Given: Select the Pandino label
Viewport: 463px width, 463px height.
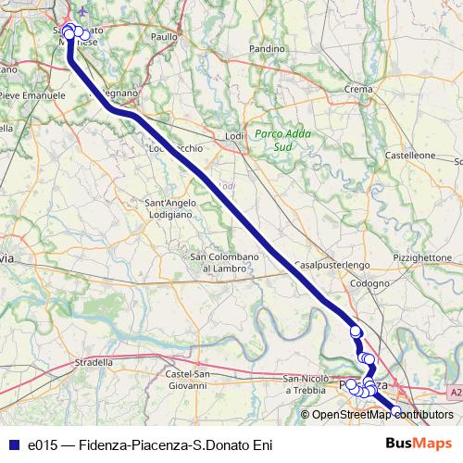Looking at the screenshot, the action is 267,47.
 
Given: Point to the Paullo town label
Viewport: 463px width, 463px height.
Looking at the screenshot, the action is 164,36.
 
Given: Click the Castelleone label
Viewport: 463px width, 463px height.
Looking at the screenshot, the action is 410,156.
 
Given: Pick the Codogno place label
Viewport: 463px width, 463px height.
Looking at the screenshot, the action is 369,283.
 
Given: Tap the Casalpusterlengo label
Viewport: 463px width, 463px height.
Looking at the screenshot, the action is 332,265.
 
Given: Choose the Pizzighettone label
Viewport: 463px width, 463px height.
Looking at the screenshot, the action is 421,257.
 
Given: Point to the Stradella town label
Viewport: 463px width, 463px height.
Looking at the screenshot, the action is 93,362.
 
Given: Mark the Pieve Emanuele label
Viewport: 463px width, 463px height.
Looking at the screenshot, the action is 32,94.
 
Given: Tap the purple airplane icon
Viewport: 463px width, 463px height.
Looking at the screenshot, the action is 86,12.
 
